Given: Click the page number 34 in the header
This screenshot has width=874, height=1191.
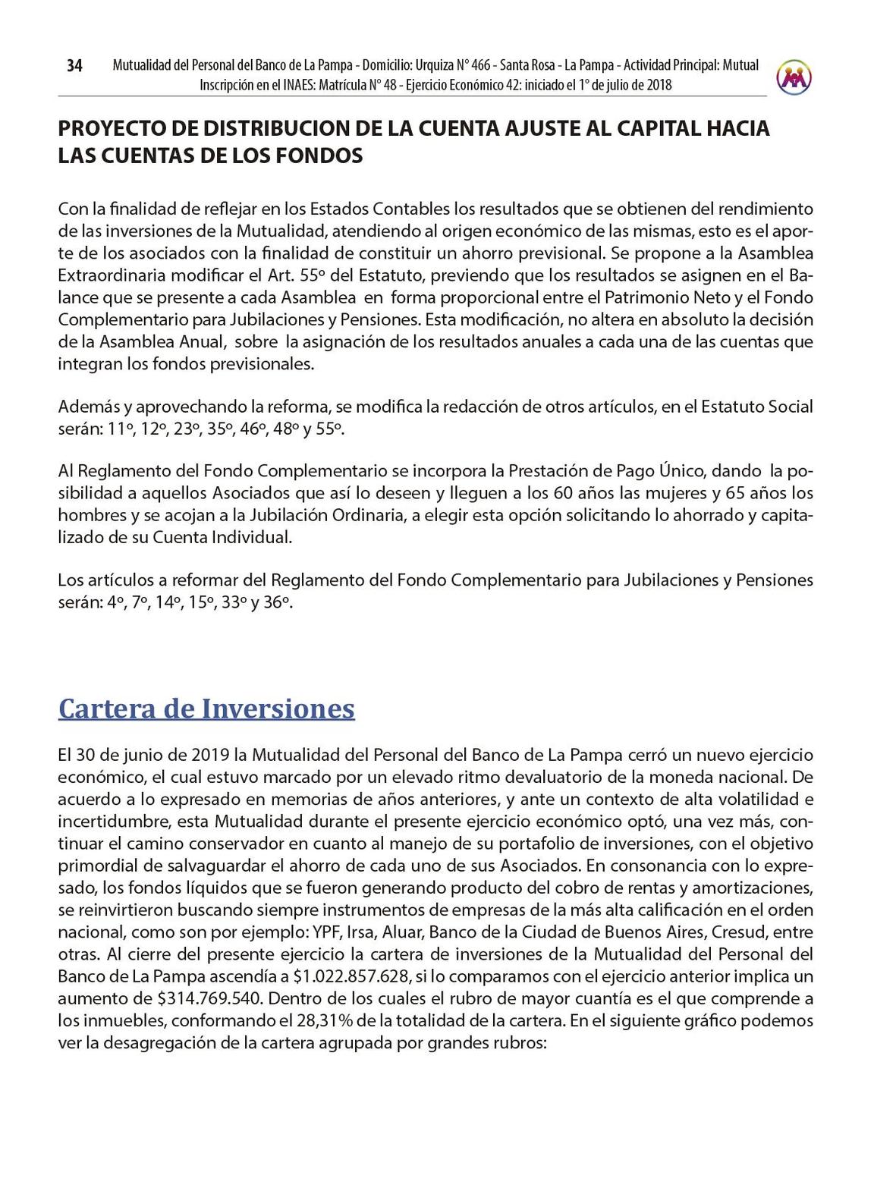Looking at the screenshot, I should tap(74, 66).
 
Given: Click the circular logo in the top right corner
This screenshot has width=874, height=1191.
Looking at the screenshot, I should tap(794, 77).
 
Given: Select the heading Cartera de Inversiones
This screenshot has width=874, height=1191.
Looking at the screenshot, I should tap(206, 709).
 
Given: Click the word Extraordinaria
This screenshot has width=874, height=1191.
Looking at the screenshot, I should tap(105, 275).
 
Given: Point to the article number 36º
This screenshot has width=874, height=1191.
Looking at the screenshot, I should tap(278, 604).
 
